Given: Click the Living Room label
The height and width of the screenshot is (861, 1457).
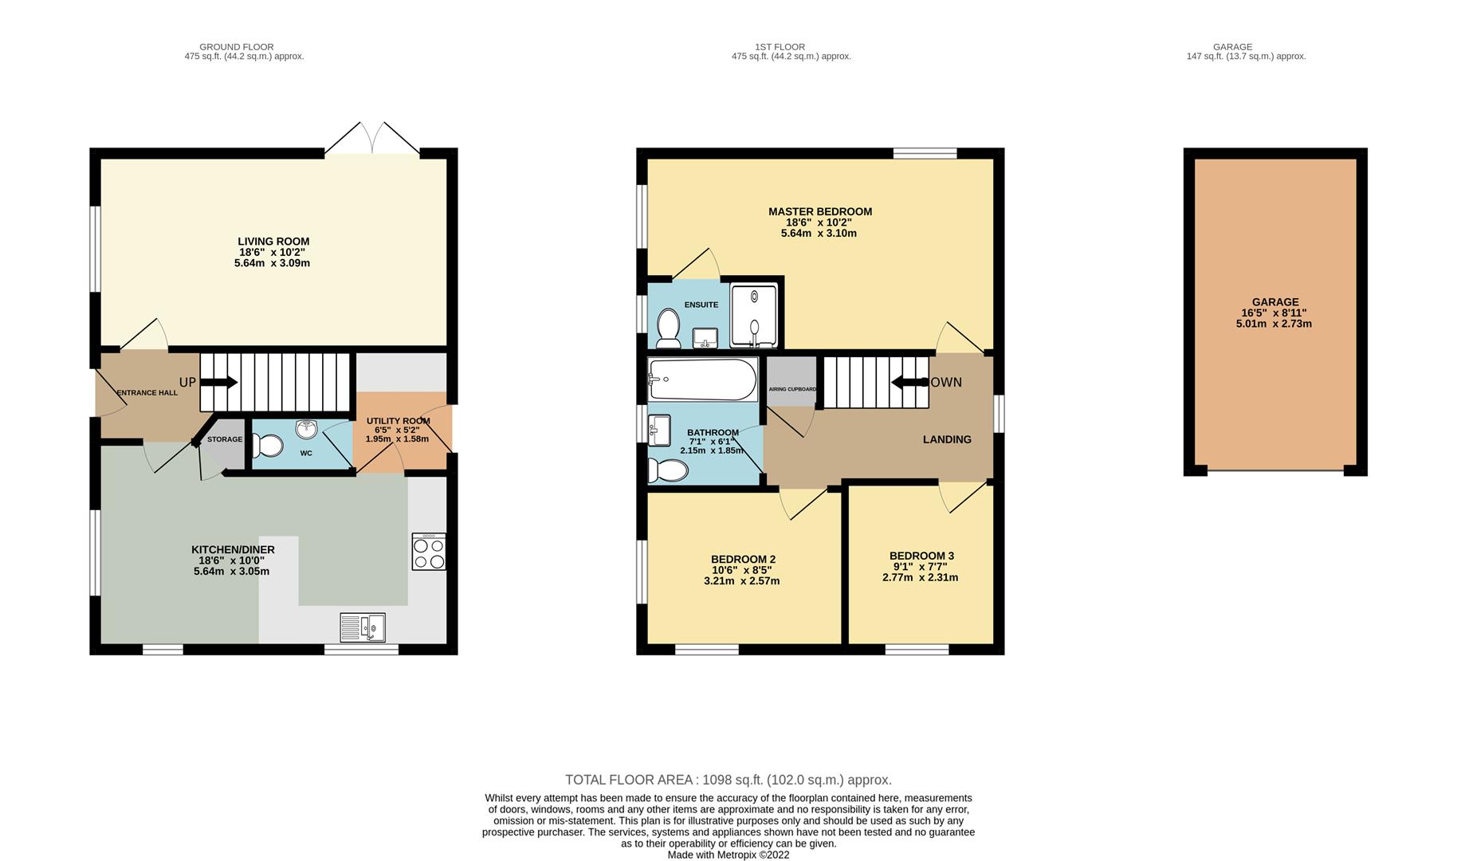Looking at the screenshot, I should coord(273,242).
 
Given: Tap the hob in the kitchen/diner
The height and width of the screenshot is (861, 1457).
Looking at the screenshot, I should coord(429,552).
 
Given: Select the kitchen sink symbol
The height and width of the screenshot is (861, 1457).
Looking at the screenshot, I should coord(362,627).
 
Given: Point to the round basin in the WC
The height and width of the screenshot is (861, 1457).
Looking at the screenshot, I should coord(306,430).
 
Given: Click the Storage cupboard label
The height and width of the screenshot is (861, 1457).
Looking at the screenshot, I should coord(225,439).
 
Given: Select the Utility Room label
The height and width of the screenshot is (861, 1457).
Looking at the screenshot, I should coord(398,421).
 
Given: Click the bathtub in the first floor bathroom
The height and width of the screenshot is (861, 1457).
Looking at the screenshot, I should coord(702,379).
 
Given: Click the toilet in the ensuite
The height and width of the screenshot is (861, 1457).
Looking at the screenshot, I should coord(668,328).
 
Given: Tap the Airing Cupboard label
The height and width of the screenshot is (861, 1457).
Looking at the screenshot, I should coord(791,389).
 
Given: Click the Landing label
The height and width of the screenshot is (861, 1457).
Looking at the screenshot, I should coord(947,439).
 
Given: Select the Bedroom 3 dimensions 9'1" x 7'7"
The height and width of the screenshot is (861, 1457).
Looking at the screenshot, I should coord(921,567).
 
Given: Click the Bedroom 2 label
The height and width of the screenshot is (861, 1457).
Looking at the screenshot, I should coord(743,560).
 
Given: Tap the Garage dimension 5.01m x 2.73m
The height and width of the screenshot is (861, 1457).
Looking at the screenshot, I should coord(1274,324).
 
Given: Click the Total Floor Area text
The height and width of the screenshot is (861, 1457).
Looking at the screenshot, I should coord(728,780).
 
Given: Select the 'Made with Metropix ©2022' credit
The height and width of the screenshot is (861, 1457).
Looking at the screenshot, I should coord(728,855).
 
